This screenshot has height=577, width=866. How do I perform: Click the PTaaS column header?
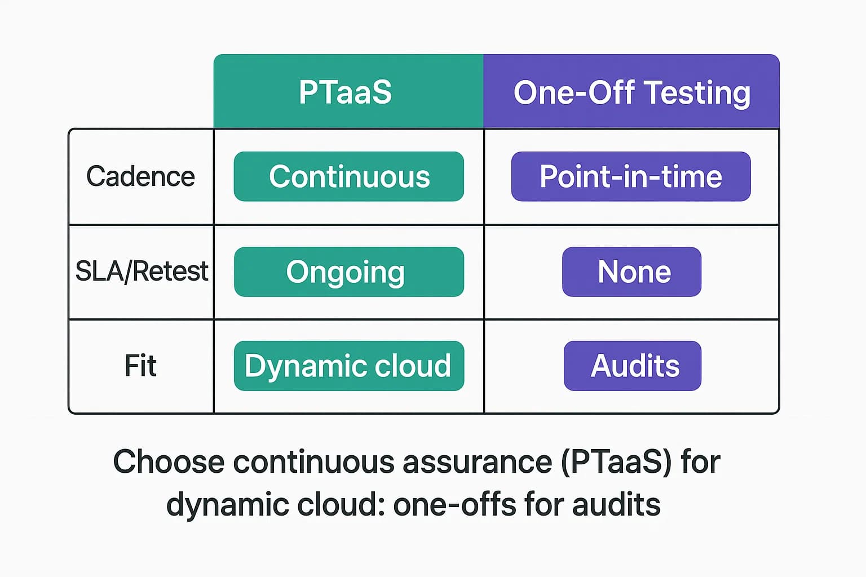(346, 92)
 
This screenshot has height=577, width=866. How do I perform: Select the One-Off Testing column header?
(631, 92)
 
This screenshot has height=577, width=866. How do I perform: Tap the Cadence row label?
(140, 176)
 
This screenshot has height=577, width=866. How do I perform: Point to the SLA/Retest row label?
(142, 271)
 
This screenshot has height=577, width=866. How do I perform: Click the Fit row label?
(140, 366)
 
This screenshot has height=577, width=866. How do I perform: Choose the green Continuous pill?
(349, 176)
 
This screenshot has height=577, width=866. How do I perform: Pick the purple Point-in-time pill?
(631, 176)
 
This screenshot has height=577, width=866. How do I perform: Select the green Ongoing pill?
(349, 272)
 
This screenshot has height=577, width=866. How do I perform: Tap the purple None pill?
(632, 272)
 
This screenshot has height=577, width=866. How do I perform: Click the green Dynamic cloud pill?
(349, 366)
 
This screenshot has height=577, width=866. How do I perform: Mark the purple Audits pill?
(633, 366)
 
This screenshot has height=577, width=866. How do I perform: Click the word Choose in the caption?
(169, 462)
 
